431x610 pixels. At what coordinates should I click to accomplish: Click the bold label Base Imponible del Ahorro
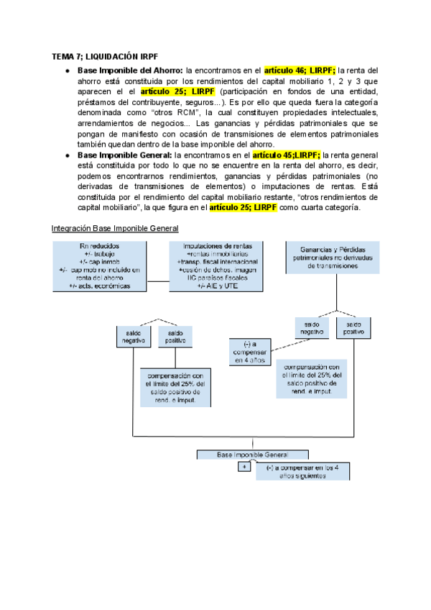click(x=130, y=70)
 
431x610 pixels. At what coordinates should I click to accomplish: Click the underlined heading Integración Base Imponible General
click(x=115, y=229)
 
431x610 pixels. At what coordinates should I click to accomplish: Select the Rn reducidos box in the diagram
click(x=101, y=266)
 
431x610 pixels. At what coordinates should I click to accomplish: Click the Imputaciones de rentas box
click(x=216, y=266)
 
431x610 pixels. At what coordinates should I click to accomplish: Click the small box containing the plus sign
click(x=244, y=467)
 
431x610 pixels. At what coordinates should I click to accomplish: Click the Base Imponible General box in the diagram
click(x=252, y=455)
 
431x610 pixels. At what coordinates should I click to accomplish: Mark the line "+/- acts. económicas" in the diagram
click(x=100, y=286)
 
